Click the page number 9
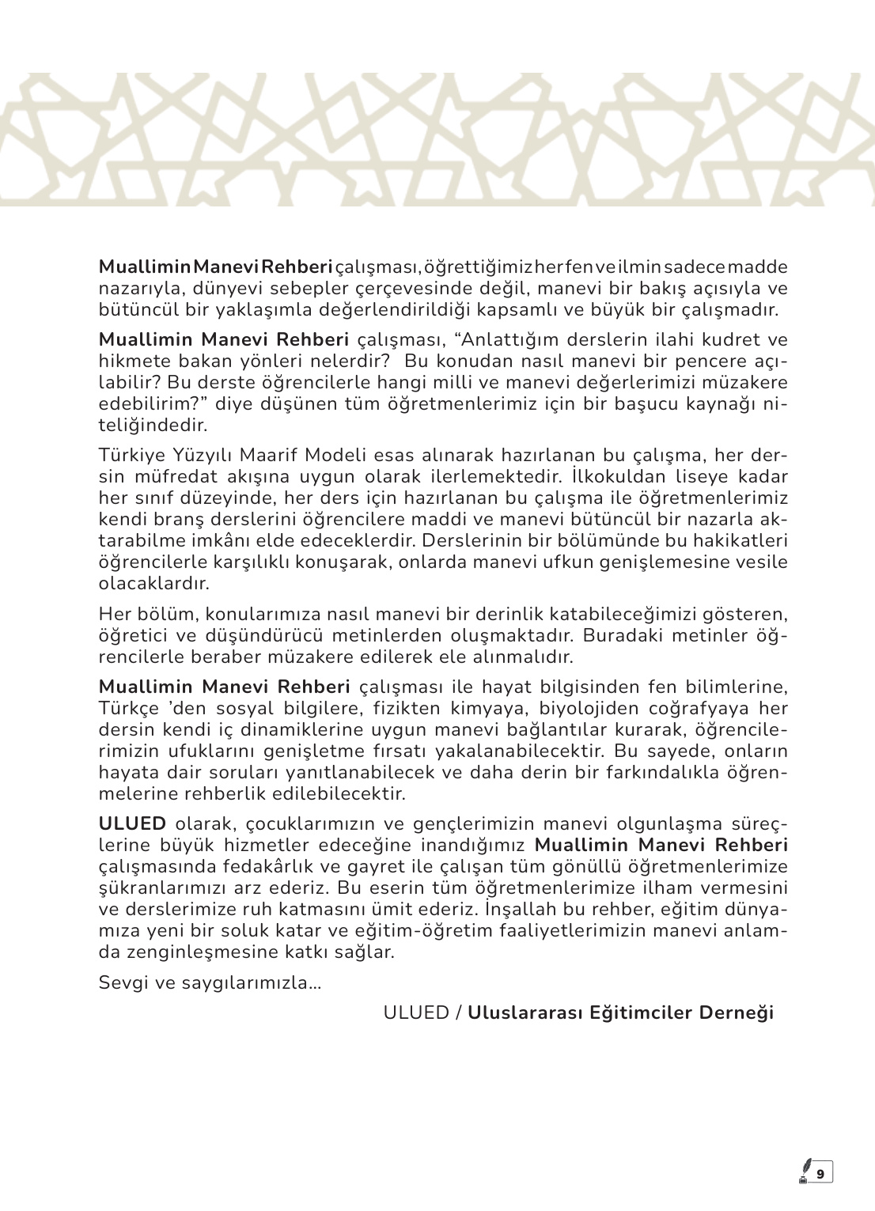click(820, 1174)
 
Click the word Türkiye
click(127, 456)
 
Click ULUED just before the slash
click(416, 1013)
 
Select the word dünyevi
click(226, 288)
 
